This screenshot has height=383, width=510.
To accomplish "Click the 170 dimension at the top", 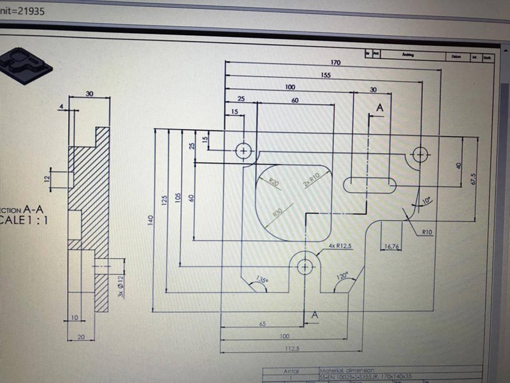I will pyautogui.click(x=335, y=63).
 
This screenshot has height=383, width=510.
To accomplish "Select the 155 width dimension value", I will pyautogui.click(x=326, y=75).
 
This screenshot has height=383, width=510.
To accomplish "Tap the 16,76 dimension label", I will pyautogui.click(x=391, y=246).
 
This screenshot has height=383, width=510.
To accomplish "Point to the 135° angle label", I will pyautogui.click(x=261, y=280).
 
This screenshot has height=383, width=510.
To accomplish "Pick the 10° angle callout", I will pyautogui.click(x=426, y=200).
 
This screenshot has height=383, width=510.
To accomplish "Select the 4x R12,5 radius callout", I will pyautogui.click(x=341, y=246).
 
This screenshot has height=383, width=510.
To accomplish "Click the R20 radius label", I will pyautogui.click(x=273, y=183).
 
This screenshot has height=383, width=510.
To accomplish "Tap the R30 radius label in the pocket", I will pyautogui.click(x=278, y=213).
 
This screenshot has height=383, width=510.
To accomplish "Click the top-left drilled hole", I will pyautogui.click(x=244, y=151).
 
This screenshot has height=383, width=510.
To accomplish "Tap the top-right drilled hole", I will pyautogui.click(x=419, y=154).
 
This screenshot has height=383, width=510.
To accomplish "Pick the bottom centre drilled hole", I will pyautogui.click(x=305, y=266).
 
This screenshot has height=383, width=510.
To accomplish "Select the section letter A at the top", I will pyautogui.click(x=380, y=109).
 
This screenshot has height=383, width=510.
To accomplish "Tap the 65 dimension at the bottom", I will pyautogui.click(x=262, y=324).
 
